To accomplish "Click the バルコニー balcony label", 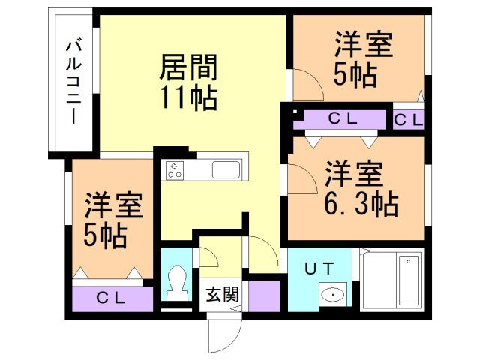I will click(73, 82).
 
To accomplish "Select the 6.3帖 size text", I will click(357, 204).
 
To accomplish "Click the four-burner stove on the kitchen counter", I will click(175, 170).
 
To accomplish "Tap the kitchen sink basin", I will click(224, 169).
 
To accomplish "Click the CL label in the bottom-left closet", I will click(114, 297).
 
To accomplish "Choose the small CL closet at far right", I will click(409, 118).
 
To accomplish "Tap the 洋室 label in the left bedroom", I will click(113, 205).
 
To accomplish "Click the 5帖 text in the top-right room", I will click(357, 76).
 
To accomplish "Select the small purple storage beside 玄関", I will click(264, 295).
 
